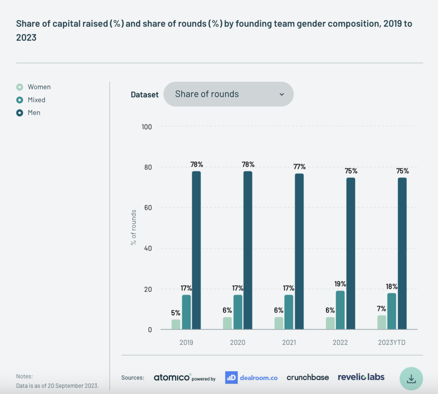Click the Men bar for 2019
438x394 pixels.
[196, 250]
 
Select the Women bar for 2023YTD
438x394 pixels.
[382, 322]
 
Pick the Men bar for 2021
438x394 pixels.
[299, 251]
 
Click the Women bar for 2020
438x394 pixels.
[227, 323]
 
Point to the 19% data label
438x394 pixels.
[340, 284]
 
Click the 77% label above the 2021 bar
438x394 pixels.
[300, 167]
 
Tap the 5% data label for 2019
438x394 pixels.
[176, 313]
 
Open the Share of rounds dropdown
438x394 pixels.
[228, 94]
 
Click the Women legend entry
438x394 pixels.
[34, 87]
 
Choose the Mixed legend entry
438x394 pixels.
[31, 100]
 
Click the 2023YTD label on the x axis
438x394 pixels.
[392, 342]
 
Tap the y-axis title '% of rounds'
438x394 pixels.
[134, 227]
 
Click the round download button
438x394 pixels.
[411, 379]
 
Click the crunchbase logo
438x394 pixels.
[307, 377]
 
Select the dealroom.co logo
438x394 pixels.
[251, 377]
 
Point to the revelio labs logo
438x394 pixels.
[361, 377]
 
